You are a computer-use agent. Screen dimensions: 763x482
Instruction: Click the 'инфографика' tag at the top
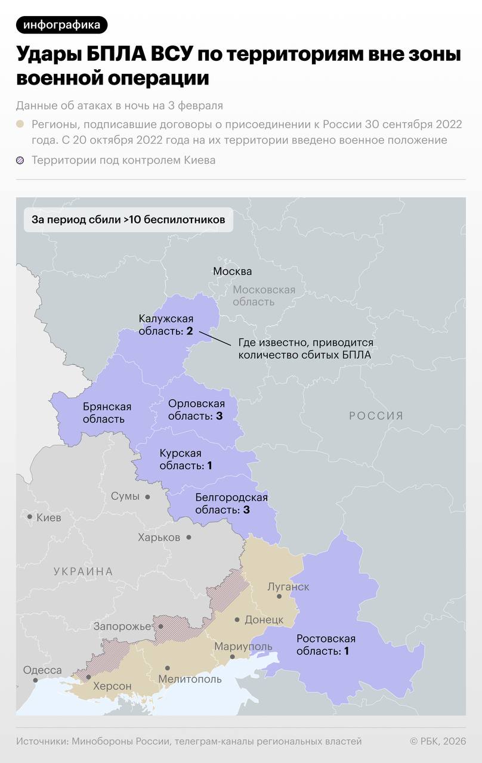coord(62,25)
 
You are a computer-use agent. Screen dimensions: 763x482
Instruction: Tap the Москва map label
coord(233,271)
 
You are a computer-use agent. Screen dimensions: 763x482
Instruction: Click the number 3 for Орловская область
coord(219,416)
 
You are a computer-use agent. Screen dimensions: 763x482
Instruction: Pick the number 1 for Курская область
coord(209,466)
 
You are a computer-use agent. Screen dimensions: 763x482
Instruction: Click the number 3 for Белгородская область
coord(246,510)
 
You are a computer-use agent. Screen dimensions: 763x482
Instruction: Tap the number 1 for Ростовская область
coord(346,652)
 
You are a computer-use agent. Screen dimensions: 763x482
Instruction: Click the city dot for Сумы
coord(147,497)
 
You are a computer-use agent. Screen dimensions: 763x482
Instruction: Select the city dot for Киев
coord(29,516)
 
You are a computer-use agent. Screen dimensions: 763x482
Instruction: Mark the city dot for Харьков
coord(189,537)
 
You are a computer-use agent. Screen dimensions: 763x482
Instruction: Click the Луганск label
coord(288,587)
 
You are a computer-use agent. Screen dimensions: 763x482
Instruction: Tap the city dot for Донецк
coord(237,620)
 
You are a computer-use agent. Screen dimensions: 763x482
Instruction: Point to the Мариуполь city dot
coord(233,657)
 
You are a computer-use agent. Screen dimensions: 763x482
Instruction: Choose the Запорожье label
coord(122,626)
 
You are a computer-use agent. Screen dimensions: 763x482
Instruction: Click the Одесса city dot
coord(35,680)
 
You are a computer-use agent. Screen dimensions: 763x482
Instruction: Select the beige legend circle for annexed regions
coord(20,124)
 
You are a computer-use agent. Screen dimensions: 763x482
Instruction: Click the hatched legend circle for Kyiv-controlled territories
coord(20,160)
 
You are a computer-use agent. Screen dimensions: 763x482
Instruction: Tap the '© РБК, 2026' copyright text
coord(437,741)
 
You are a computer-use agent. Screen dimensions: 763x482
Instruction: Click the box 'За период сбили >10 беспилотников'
coord(128,219)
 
